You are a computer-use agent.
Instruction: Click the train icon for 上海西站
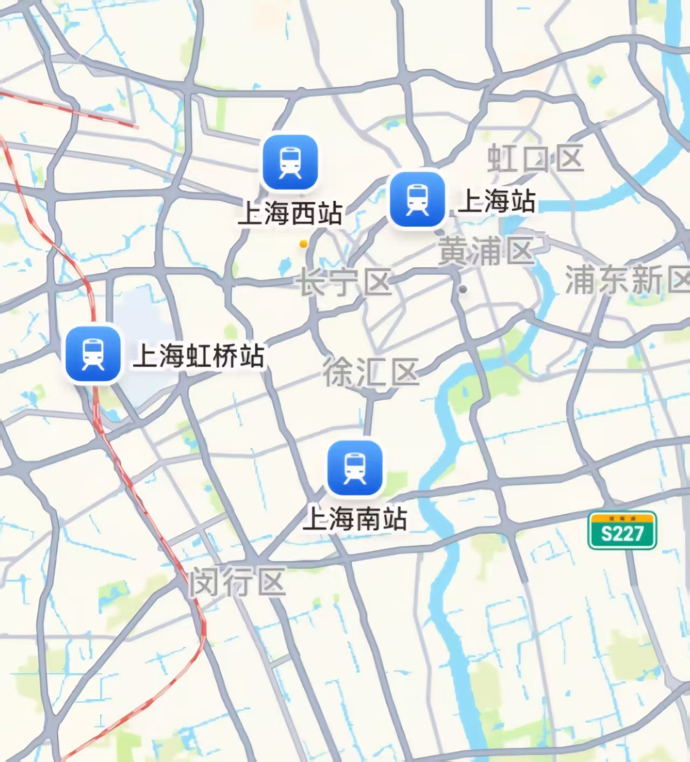[x=290, y=163]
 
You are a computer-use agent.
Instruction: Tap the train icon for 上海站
[x=417, y=200]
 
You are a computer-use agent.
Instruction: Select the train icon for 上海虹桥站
[x=93, y=354]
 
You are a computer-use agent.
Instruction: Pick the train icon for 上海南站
[x=355, y=468]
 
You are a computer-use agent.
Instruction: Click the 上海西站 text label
[x=290, y=213]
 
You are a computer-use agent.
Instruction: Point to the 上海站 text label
[x=496, y=201]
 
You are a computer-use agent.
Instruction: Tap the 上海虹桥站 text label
[x=199, y=355]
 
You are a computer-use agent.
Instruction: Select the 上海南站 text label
[x=355, y=519]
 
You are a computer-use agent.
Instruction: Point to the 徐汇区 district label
[x=371, y=372]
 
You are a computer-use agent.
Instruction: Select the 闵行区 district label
[x=237, y=583]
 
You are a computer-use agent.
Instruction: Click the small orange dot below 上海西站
[x=303, y=244]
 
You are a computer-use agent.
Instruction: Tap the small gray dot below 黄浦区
[x=463, y=289]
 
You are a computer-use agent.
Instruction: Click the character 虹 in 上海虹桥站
[x=198, y=355]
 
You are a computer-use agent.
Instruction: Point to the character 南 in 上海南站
[x=368, y=519]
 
